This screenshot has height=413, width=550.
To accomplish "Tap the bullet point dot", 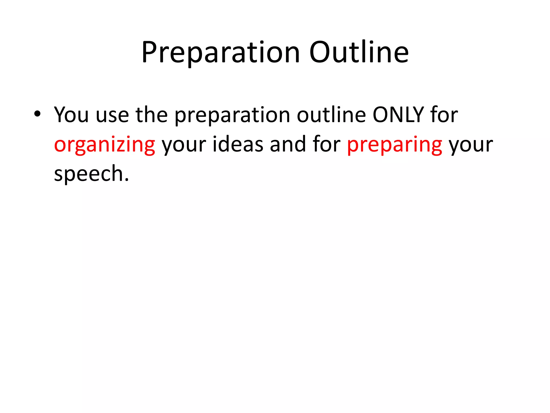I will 37,114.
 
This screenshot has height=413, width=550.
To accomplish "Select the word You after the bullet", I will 71,115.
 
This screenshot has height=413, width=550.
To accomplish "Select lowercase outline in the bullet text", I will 331,115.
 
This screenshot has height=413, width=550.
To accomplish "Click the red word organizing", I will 104,145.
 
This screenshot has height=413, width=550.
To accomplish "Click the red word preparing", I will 395,145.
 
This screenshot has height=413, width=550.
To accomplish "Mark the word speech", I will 89,174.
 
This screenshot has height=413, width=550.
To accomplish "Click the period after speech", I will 127,180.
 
